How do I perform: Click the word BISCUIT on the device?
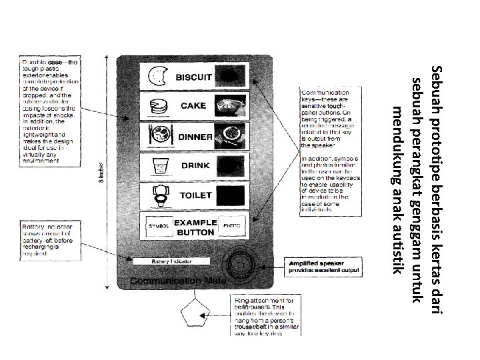[x=193, y=77]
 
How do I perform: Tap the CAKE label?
[x=193, y=106]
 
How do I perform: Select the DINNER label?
[x=195, y=137]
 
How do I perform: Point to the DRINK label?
[x=195, y=165]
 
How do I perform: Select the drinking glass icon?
[x=159, y=165]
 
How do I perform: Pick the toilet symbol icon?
[x=159, y=195]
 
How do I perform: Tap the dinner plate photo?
[x=230, y=135]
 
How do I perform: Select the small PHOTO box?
[x=231, y=227]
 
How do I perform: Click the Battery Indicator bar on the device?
[x=171, y=261]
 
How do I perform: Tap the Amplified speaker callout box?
[x=323, y=267]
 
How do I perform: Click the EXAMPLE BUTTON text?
[x=195, y=227]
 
